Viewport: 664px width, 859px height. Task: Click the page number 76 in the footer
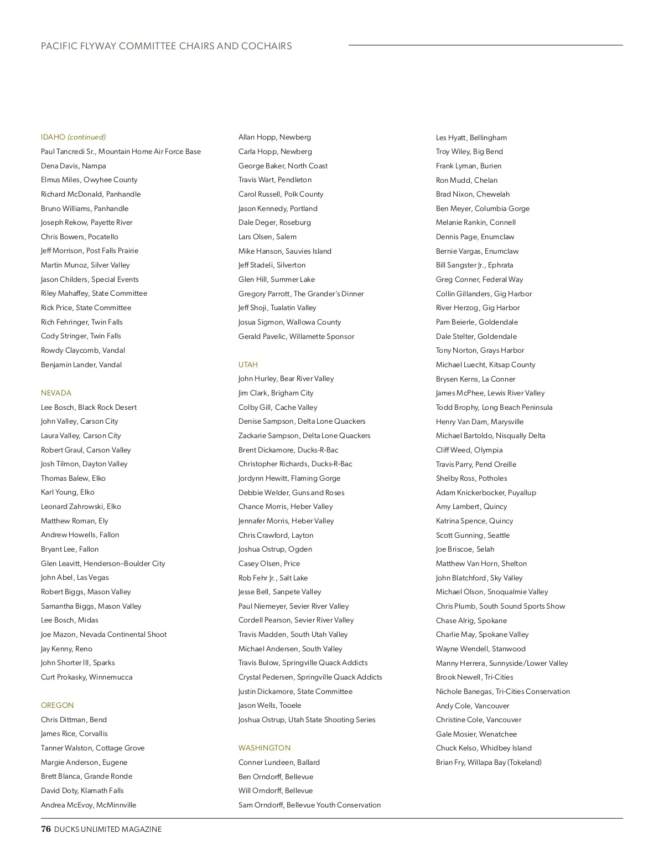point(46,829)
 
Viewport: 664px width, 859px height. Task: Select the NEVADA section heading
point(56,393)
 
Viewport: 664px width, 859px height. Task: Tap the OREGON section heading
point(57,706)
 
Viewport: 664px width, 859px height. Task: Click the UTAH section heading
point(248,365)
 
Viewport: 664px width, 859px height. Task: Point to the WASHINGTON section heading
point(264,748)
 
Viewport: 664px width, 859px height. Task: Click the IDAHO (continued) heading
point(73,137)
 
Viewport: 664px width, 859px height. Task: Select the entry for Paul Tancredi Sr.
point(121,152)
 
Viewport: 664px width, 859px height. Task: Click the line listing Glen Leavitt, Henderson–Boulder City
point(103,564)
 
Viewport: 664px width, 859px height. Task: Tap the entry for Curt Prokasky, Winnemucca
point(86,677)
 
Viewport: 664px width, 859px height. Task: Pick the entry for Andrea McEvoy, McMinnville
point(89,805)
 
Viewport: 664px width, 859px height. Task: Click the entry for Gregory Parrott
point(300,294)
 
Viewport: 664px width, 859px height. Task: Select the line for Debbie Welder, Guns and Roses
point(291,493)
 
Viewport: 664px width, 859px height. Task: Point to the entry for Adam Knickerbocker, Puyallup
point(485,493)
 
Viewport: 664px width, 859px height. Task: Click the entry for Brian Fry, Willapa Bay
point(488,763)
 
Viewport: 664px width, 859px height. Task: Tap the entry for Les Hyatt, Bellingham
point(471,138)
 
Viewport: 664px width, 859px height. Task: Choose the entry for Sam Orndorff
point(309,805)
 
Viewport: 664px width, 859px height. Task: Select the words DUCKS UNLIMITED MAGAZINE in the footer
point(108,830)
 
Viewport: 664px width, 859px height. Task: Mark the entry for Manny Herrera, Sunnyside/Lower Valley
point(501,663)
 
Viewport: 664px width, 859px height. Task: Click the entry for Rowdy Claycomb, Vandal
point(83,351)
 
